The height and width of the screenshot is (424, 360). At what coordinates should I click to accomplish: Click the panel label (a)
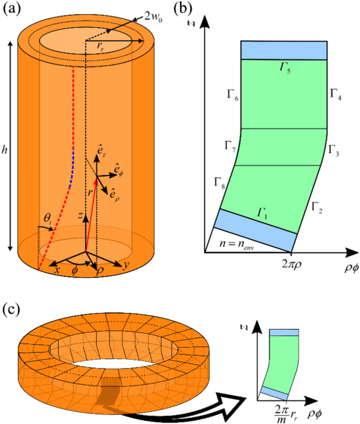(13, 8)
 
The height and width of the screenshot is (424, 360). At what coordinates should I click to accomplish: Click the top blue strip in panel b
(284, 50)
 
